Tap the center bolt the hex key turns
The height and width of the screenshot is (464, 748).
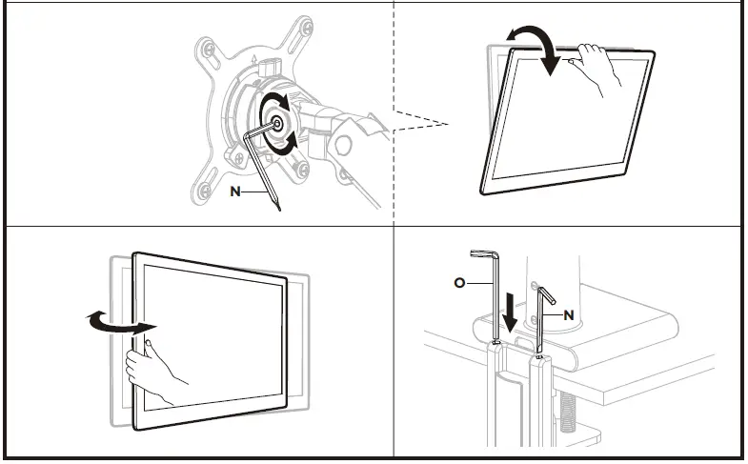pyautogui.click(x=277, y=122)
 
